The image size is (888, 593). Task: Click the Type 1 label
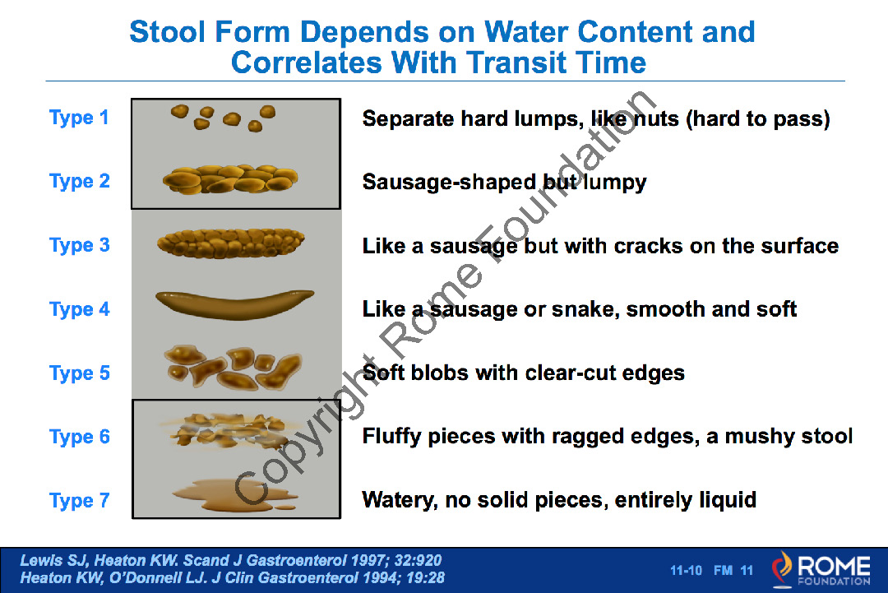79,118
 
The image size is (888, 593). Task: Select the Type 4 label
79,309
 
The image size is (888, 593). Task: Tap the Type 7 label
79,501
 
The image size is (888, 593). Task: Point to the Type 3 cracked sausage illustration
230,243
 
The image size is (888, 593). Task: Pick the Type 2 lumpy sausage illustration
230,179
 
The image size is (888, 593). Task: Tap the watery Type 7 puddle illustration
235,495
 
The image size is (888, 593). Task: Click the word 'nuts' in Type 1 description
656,119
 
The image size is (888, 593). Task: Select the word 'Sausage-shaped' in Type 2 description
449,183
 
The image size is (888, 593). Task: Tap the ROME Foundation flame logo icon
782,568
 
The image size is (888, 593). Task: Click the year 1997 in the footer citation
368,561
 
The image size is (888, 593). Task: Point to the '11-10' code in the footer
686,570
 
